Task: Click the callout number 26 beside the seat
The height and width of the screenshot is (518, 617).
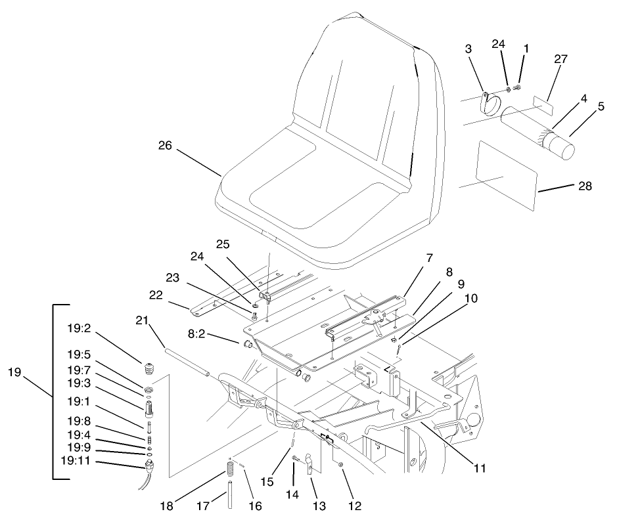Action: click(x=165, y=146)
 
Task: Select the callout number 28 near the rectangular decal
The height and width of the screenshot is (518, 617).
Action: click(x=584, y=186)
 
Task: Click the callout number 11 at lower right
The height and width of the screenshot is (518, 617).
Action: click(x=480, y=468)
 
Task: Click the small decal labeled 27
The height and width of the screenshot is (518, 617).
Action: click(x=543, y=102)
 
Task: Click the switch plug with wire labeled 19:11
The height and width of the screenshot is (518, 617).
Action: click(x=150, y=467)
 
